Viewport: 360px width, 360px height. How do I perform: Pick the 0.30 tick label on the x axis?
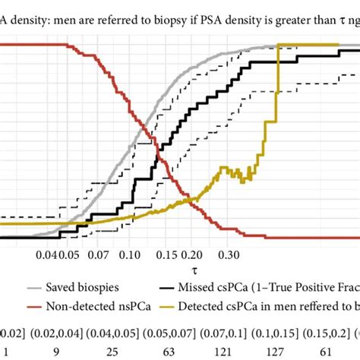[228, 256]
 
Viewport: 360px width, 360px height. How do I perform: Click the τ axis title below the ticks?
[182, 270]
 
